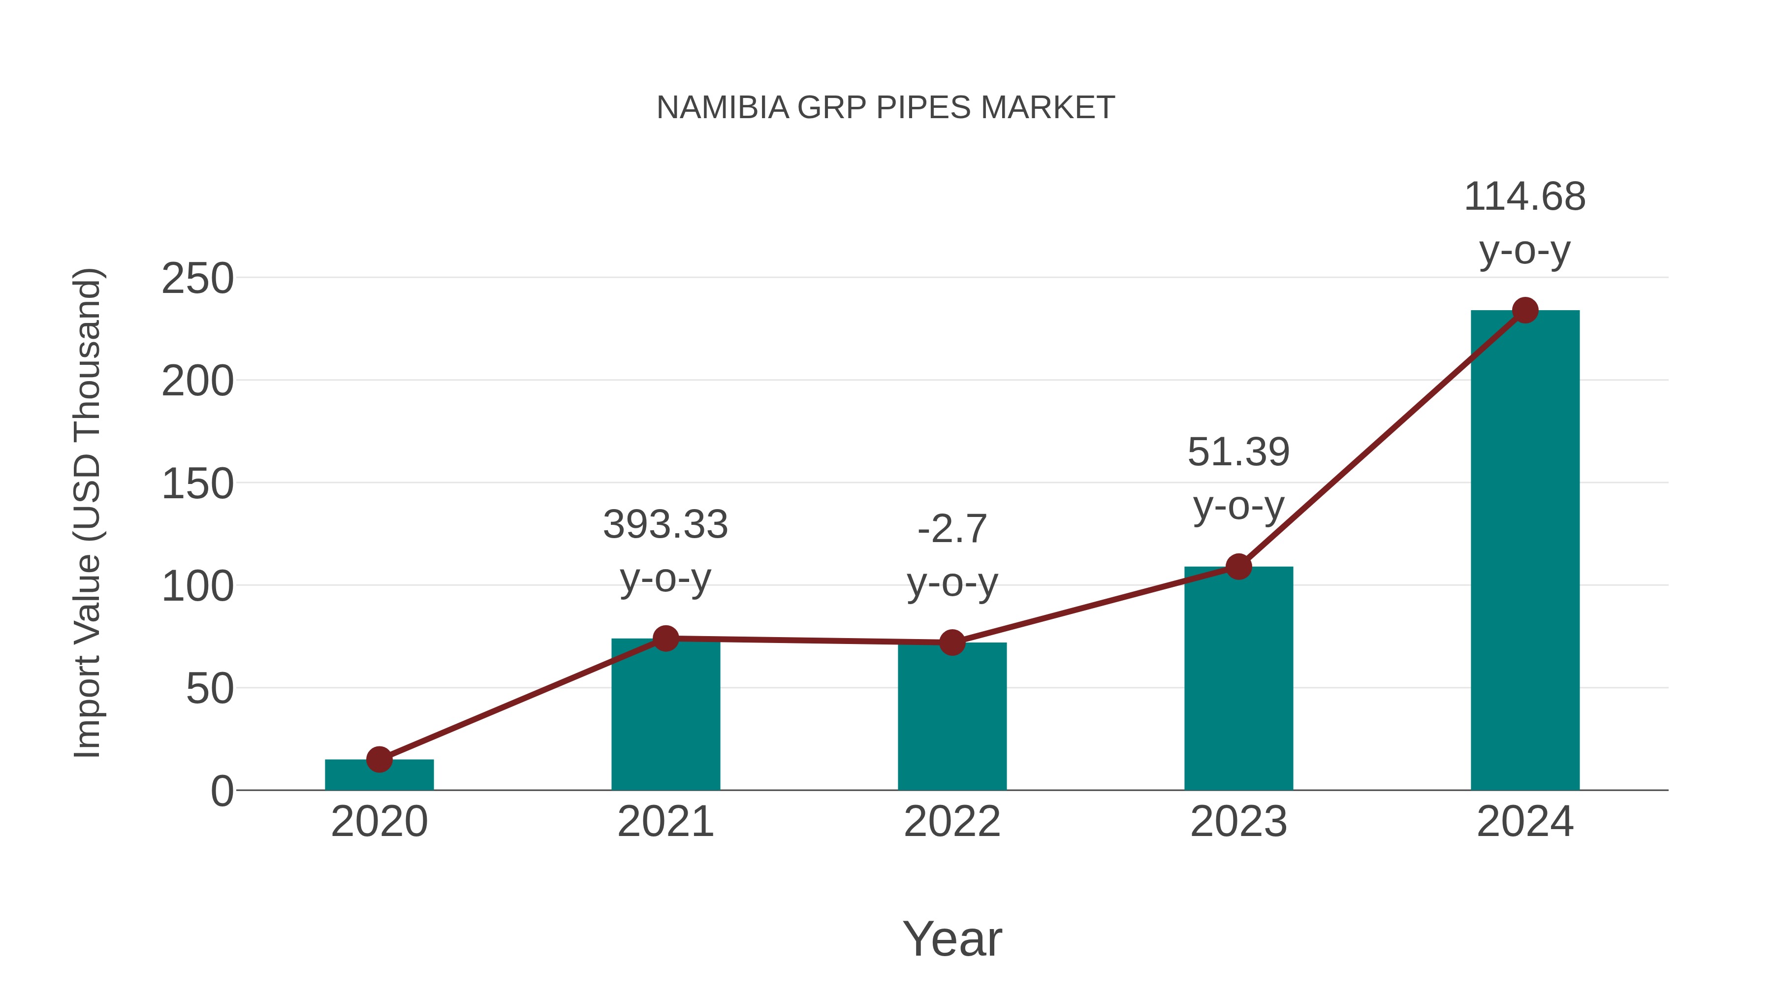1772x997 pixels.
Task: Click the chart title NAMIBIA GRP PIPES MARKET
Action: tap(886, 108)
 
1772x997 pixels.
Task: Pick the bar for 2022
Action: tap(952, 719)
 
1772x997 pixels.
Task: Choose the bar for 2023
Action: tap(1238, 681)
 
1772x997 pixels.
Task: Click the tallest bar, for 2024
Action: tap(1525, 550)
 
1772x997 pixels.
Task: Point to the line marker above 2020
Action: tap(379, 760)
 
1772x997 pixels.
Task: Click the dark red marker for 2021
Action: tap(665, 639)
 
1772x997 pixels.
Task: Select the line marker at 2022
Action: tap(952, 643)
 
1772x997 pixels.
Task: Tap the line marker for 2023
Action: tap(1238, 566)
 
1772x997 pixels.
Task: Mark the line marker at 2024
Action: tap(1525, 310)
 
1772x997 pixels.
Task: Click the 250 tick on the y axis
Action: tap(197, 279)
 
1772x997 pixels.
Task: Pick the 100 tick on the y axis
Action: tap(197, 587)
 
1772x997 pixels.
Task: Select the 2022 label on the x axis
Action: tap(952, 822)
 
